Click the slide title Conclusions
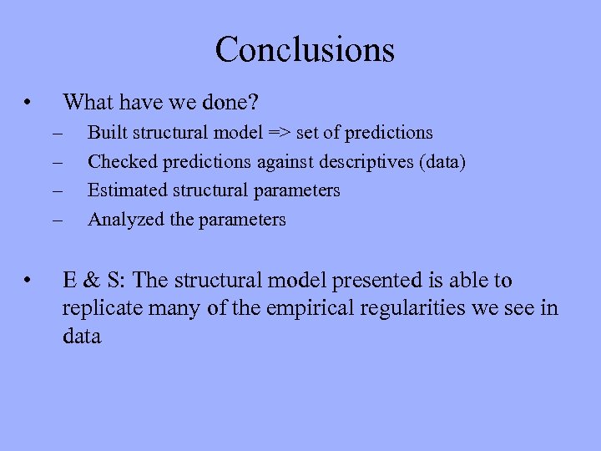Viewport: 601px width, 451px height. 305,49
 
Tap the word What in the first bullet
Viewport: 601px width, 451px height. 88,104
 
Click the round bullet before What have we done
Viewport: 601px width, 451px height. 28,104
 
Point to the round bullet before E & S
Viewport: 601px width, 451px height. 28,281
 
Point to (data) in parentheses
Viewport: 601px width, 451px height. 440,161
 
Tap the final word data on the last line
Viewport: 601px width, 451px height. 82,337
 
